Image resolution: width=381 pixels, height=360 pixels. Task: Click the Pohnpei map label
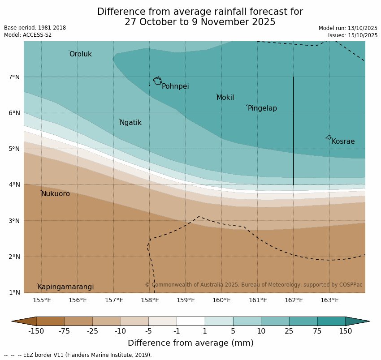[175, 86]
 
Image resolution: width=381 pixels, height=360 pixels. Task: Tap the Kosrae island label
[343, 141]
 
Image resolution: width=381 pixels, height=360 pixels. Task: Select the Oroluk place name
[80, 54]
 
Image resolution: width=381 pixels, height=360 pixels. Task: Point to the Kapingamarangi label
[65, 287]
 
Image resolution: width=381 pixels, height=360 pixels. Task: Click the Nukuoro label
[56, 194]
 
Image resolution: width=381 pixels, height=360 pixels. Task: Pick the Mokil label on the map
[225, 98]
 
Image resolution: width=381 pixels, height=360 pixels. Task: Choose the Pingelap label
[262, 108]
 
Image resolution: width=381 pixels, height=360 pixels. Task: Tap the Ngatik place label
[130, 123]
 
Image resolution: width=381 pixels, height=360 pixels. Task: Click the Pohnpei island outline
[157, 81]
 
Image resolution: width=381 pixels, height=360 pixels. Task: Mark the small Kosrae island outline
[329, 137]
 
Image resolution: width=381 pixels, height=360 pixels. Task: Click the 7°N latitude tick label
[14, 77]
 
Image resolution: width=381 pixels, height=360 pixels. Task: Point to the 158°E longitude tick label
[150, 300]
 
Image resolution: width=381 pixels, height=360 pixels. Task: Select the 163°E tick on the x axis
[329, 300]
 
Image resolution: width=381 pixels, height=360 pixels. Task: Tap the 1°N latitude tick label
[14, 293]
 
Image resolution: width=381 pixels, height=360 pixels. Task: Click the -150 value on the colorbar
[36, 331]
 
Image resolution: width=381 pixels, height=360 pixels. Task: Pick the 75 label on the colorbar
[317, 331]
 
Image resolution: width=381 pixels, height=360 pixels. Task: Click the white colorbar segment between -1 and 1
[190, 321]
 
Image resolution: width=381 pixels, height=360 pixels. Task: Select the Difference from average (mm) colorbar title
[190, 343]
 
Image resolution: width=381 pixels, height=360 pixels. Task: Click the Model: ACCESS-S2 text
[28, 35]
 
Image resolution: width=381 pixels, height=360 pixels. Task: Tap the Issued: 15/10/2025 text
[352, 35]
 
